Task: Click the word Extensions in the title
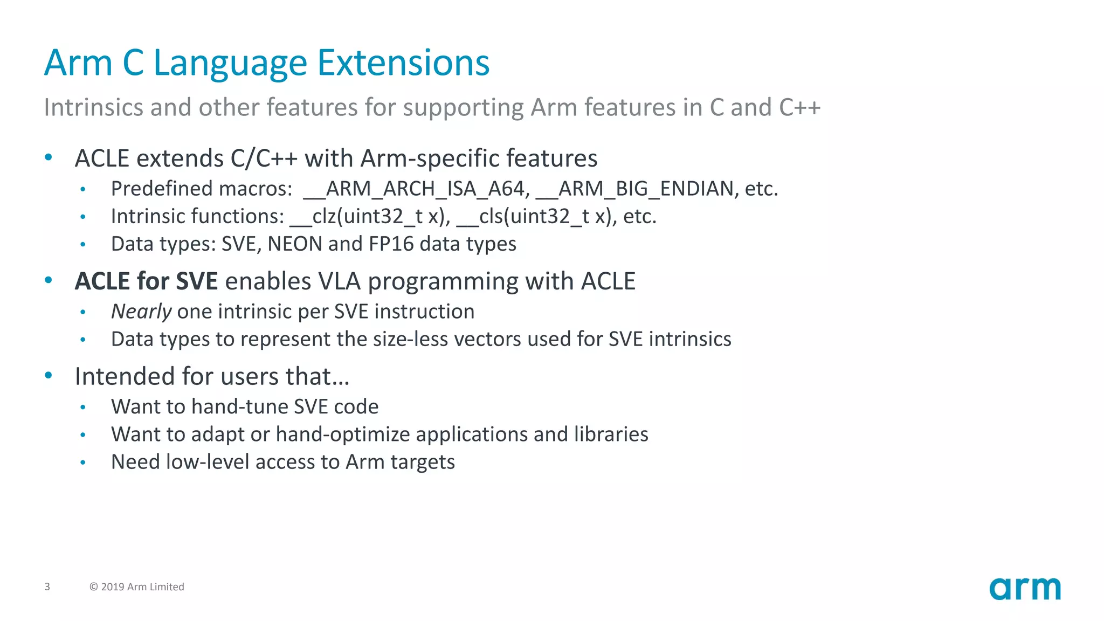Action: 403,63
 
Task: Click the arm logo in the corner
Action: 1025,589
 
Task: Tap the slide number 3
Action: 47,586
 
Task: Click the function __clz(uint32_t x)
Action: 370,217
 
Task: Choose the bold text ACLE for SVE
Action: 146,281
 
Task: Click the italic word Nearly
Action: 141,312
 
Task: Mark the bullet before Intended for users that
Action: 49,376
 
